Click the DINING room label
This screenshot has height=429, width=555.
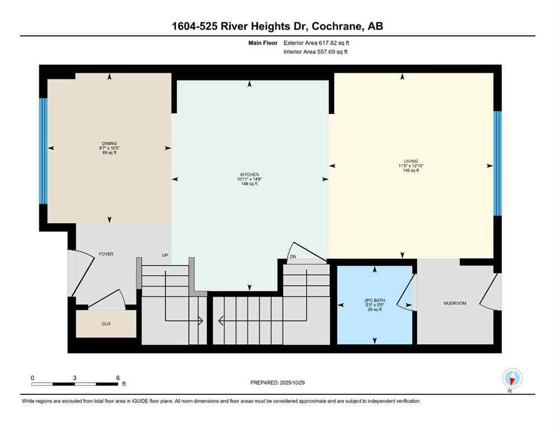coord(110,144)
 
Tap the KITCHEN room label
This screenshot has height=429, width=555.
coord(249,174)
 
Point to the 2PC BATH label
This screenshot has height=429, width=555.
coord(374,300)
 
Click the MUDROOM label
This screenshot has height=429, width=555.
coord(454,303)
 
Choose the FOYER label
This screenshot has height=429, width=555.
coord(106,254)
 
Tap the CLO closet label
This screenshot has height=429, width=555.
coord(106,323)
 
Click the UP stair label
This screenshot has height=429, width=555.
coord(165,255)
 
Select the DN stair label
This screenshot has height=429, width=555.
coord(292,256)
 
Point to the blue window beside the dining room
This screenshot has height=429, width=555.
coord(43,151)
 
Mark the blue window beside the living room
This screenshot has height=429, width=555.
coord(497,163)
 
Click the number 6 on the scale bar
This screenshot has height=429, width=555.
coord(118,378)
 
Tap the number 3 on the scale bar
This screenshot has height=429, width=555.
coord(75,378)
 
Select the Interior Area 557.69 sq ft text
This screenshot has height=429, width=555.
coord(316,52)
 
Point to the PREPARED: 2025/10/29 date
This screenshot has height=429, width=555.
coord(278,383)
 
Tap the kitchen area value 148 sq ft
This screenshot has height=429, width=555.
coord(249,183)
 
